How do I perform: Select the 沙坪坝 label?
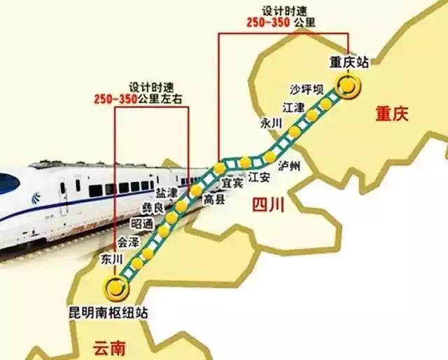tap(307, 90)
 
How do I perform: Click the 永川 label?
tap(270, 123)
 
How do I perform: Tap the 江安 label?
tap(259, 178)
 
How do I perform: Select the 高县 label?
tap(213, 200)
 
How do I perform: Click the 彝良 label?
tap(153, 208)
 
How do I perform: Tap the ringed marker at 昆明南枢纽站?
tap(115, 286)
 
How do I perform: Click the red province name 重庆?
tap(391, 113)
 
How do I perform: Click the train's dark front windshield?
tap(7, 184)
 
